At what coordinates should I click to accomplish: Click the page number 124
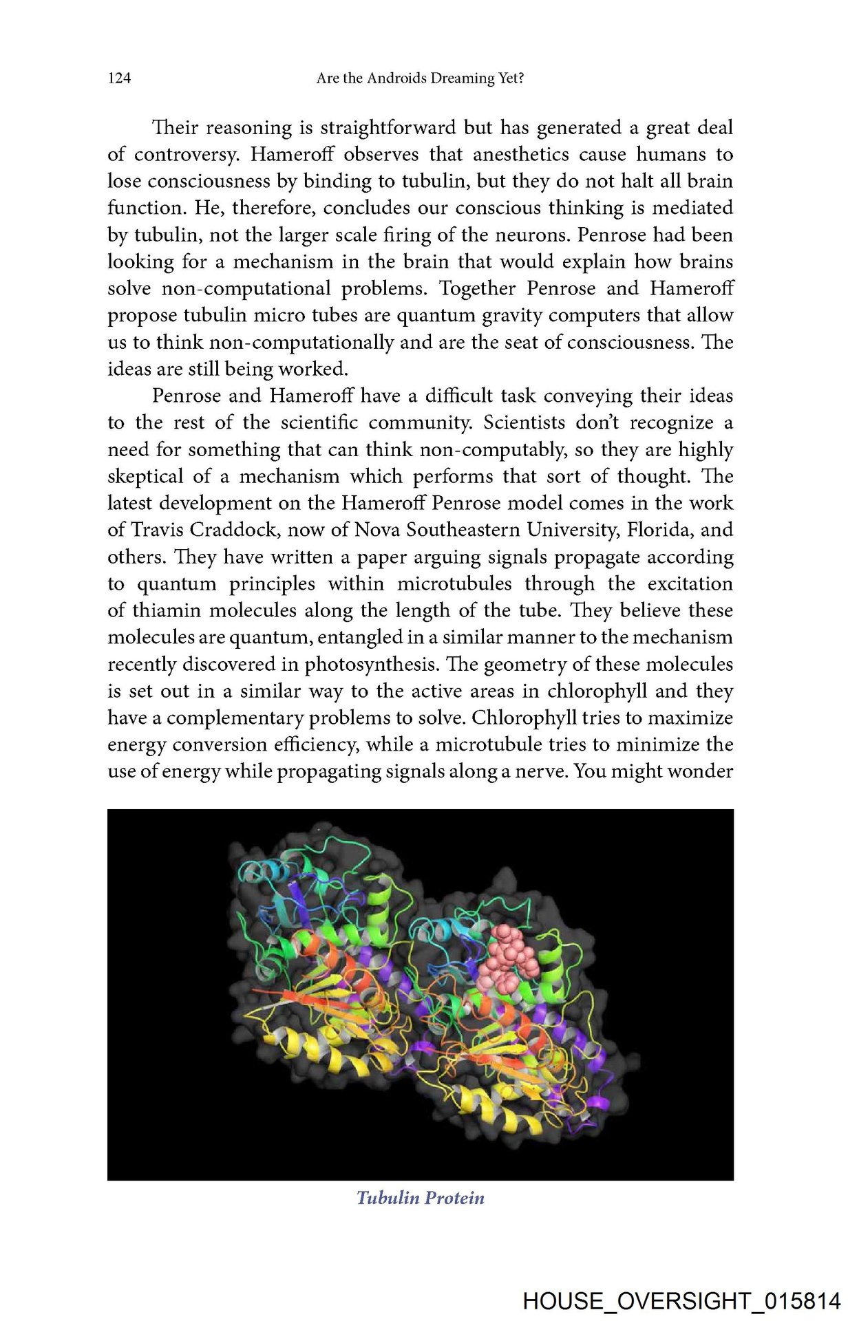(119, 78)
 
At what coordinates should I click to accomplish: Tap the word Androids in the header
(395, 78)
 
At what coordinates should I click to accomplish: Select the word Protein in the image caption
(454, 1199)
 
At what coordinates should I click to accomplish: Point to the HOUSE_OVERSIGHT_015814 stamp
(681, 1301)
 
